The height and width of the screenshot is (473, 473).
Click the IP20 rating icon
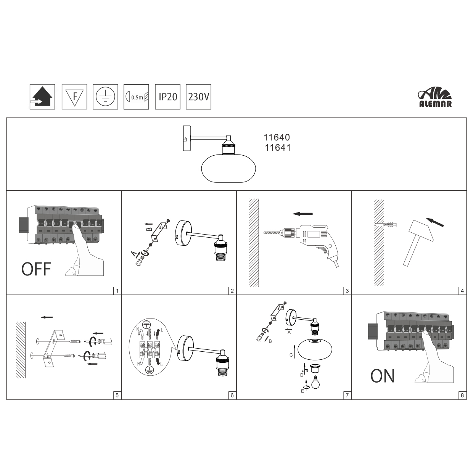point(168,97)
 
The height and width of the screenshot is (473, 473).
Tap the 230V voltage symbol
point(199,97)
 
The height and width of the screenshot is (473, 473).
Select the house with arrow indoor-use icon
point(42,97)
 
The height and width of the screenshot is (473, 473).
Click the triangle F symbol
point(74,97)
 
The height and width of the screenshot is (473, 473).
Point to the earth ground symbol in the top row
point(105,97)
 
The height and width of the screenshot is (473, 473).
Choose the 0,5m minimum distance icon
point(136,97)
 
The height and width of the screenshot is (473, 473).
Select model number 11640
point(277,137)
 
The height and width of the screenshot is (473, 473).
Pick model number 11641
point(278,148)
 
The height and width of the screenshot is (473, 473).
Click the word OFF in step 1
point(36,269)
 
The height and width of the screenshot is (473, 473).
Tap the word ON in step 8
point(382,376)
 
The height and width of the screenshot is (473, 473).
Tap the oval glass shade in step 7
point(315,348)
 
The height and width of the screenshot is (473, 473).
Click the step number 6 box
point(232,395)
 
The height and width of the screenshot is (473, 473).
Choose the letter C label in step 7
point(291,355)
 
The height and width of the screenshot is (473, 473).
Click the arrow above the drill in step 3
point(302,214)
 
